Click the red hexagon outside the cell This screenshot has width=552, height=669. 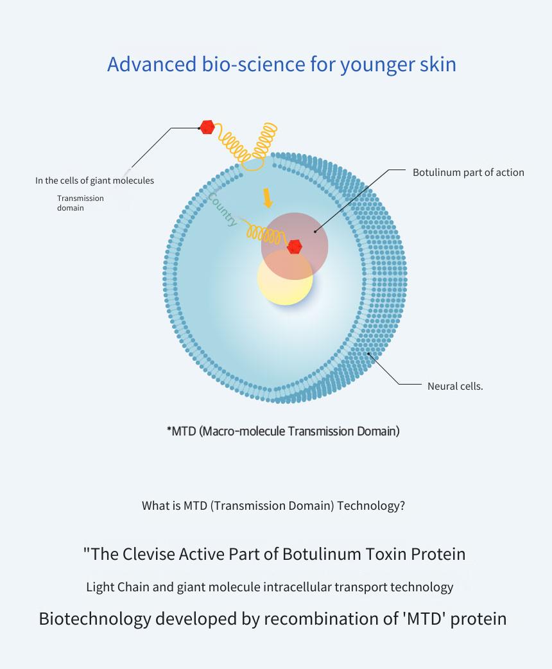[207, 127]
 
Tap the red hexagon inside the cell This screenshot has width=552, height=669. [295, 247]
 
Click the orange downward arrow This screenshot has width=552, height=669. [268, 198]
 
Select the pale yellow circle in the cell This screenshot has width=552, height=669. [285, 277]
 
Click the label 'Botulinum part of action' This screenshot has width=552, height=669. [469, 172]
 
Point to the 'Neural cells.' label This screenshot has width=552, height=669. [455, 386]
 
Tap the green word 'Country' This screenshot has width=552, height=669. [222, 209]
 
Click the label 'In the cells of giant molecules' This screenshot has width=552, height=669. [95, 180]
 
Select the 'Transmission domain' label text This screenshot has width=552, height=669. [80, 203]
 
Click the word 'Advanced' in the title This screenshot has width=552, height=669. [152, 64]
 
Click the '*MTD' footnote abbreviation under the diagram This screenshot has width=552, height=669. [181, 431]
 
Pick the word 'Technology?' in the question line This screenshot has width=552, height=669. [371, 505]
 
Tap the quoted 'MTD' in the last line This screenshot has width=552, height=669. [424, 619]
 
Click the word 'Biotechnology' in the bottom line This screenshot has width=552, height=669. [95, 619]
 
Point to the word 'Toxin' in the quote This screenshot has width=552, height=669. [386, 554]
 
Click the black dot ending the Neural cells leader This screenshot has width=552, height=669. [368, 353]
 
